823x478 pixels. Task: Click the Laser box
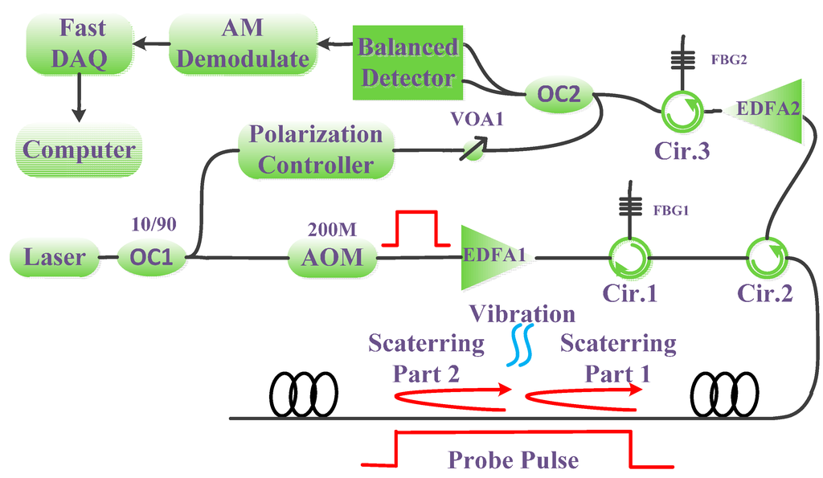pos(54,259)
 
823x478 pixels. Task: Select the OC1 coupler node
pos(152,259)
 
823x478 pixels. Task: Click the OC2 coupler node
pos(558,97)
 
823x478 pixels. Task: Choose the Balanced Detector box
pos(406,62)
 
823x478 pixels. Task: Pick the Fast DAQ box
pos(78,45)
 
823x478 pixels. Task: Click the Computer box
pos(79,150)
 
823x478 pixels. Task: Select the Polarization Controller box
pos(315,150)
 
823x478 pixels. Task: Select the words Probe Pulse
pos(514,460)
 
